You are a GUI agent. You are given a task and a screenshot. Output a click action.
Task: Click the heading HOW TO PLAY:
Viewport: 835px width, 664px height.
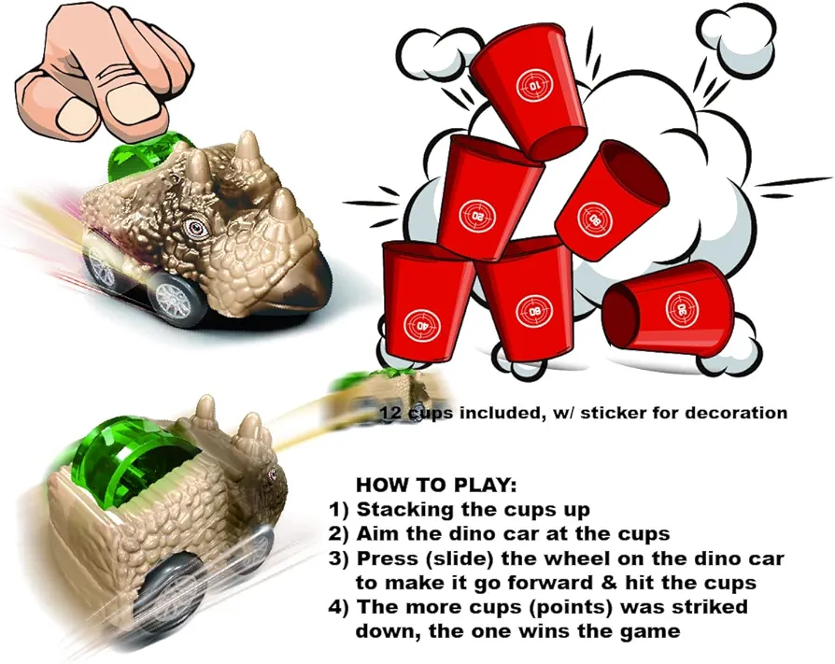[436, 486]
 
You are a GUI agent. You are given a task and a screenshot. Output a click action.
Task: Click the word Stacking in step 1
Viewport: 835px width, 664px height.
[405, 510]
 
